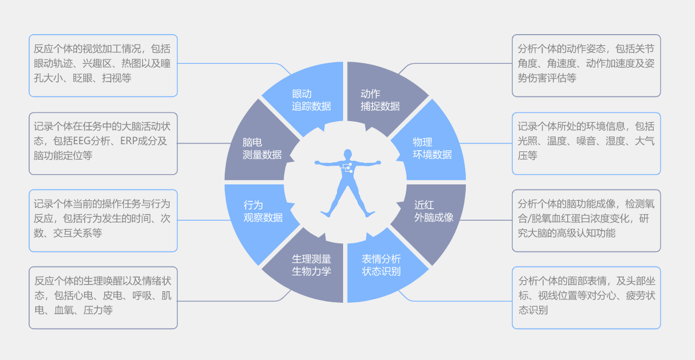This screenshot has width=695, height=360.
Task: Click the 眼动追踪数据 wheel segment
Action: (x=311, y=100)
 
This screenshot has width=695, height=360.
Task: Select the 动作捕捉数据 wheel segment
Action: (x=380, y=100)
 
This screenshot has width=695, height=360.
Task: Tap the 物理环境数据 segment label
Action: (x=432, y=148)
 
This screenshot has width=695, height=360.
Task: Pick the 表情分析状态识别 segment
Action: (x=381, y=265)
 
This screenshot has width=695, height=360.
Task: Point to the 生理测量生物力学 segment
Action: (x=311, y=265)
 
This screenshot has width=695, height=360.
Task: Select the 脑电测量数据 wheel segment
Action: (x=262, y=148)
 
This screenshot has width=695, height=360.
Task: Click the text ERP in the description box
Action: (x=130, y=140)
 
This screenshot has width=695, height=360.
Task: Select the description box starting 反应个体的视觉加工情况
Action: (x=103, y=66)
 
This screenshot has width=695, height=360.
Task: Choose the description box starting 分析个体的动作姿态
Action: (x=586, y=66)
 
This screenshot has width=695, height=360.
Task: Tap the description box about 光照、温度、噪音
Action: (x=586, y=144)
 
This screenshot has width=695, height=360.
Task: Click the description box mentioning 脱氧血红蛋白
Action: (x=586, y=221)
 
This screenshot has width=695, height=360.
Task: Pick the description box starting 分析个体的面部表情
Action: (x=586, y=298)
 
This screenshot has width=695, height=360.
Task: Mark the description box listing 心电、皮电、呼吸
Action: (x=103, y=298)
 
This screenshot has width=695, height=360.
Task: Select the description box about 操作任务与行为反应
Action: (x=103, y=221)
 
